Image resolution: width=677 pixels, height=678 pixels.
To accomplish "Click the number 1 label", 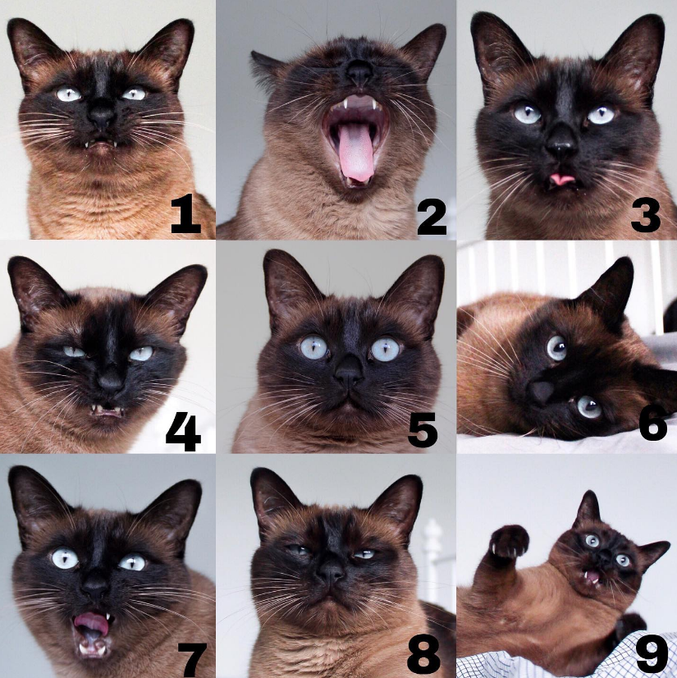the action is (x=186, y=213).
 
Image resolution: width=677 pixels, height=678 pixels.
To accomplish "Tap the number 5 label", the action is (x=423, y=429).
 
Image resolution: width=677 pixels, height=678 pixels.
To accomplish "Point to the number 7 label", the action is (x=193, y=659).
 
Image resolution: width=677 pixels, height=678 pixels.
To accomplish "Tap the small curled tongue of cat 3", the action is (x=562, y=179).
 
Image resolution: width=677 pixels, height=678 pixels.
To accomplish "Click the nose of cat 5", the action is (x=349, y=373).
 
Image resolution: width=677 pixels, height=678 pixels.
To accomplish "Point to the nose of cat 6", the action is (x=542, y=392).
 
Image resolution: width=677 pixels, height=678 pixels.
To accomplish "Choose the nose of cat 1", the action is (x=102, y=115).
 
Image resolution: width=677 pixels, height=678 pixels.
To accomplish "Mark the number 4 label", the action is (x=183, y=433).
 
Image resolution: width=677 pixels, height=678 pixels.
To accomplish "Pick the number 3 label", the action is (x=646, y=215).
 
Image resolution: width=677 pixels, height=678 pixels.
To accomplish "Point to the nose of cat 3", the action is (x=561, y=145).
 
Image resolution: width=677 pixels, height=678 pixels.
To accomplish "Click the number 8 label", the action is (x=423, y=657).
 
